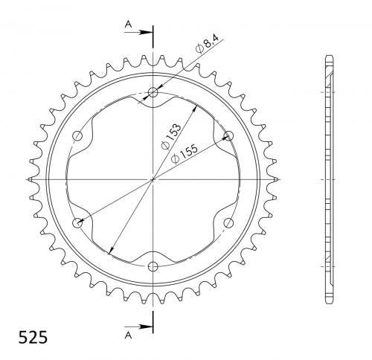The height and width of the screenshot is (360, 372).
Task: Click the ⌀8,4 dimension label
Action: (207, 44)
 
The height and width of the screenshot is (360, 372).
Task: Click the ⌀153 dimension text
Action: (171, 136)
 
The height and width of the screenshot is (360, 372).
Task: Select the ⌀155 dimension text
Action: (185, 154)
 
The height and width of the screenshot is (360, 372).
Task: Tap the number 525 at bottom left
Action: (33, 338)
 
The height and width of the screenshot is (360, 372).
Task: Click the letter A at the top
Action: (128, 25)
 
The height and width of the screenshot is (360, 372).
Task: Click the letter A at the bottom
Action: (128, 335)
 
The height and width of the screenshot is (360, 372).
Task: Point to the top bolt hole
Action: (153, 93)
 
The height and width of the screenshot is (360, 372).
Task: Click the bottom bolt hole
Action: (153, 266)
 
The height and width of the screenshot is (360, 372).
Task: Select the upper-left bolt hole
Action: (77, 136)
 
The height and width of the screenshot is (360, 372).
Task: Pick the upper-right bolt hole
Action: (228, 136)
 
